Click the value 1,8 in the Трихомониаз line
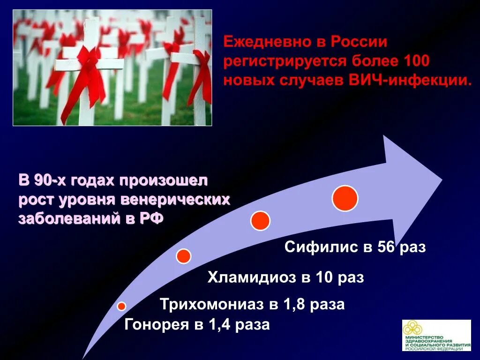293,304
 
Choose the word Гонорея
155,324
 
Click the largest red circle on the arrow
345,198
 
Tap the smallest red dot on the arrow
121,306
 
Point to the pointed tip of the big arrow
441,180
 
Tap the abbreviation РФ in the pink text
150,219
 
